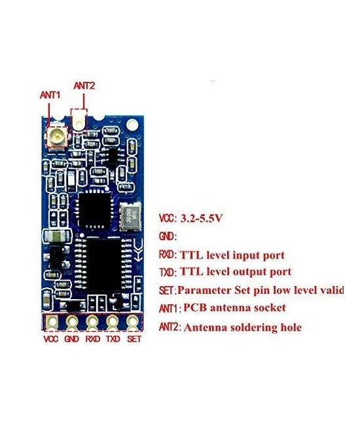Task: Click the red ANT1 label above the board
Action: tap(50, 96)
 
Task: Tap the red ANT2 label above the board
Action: tap(84, 85)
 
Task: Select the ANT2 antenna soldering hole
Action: tap(80, 121)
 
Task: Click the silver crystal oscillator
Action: tap(130, 216)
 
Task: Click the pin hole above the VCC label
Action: tap(51, 321)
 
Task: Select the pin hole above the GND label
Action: tap(71, 321)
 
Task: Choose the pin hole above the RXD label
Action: tap(92, 321)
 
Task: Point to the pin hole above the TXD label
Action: tap(113, 321)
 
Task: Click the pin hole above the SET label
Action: tap(133, 321)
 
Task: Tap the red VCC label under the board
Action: tap(51, 340)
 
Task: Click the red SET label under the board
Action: tap(134, 340)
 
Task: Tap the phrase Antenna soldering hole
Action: tap(242, 327)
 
